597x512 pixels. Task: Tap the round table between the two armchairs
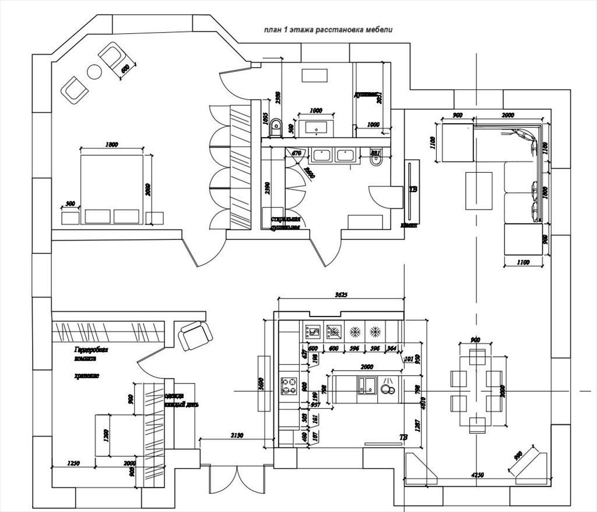[x=94, y=72]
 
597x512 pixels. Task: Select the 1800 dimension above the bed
[x=112, y=144]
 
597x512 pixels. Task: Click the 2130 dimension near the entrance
[x=236, y=436]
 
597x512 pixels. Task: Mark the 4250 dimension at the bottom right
[x=477, y=475]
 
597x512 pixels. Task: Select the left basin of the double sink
[x=322, y=155]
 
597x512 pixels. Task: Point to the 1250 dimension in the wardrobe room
[x=73, y=463]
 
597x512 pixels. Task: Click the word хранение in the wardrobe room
[x=87, y=375]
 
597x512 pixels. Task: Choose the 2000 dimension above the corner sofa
[x=508, y=116]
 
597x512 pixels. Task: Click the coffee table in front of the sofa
[x=479, y=190]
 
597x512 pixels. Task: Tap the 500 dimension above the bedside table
[x=71, y=204]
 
